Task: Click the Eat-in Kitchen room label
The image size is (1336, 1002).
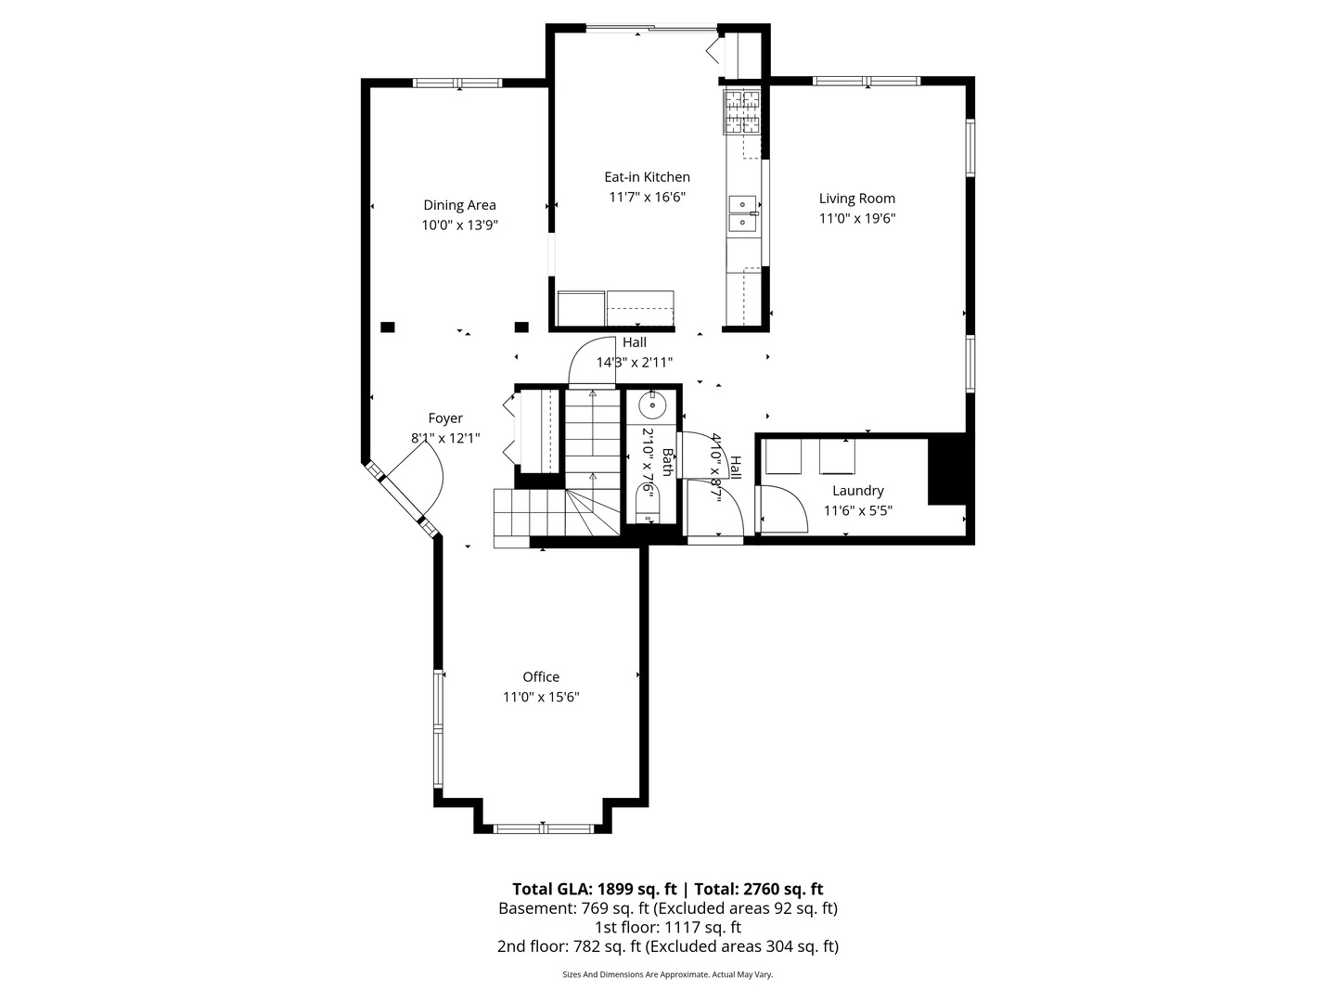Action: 647,177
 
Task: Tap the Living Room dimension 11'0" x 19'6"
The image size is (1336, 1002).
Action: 856,219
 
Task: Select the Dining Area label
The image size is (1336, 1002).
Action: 459,205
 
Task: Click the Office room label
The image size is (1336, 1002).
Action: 541,677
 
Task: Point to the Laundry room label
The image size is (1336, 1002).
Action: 857,491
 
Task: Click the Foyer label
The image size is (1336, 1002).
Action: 445,418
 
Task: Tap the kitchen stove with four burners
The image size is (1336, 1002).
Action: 741,111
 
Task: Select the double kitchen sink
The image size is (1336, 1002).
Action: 742,213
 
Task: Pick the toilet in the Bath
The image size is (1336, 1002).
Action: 646,507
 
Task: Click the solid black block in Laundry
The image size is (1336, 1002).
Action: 946,470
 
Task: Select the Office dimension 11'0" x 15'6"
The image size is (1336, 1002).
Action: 541,698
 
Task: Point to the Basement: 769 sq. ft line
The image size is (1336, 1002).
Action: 667,908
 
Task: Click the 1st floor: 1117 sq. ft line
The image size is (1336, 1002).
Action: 667,927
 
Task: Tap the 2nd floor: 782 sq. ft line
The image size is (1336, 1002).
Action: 667,946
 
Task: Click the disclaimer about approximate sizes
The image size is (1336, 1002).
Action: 667,975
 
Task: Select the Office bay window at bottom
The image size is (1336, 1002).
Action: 544,828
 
